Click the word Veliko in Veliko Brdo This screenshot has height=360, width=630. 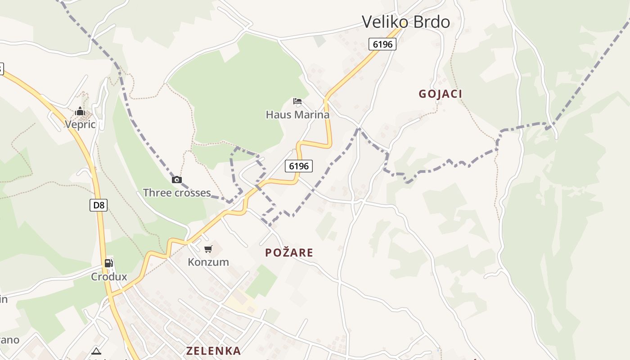[384, 22]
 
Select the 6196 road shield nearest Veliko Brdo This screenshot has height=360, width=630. [382, 44]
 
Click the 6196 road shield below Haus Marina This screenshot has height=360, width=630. [299, 166]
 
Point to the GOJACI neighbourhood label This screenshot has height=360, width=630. [440, 94]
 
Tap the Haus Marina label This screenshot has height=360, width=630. [297, 115]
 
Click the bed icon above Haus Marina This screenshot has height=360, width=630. [297, 101]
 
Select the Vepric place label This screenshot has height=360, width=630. [80, 124]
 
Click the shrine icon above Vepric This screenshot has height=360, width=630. [80, 111]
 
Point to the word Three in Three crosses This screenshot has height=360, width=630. [157, 193]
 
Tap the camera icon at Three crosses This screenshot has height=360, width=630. [177, 180]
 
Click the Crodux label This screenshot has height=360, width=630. [109, 277]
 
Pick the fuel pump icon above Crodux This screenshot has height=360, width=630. [108, 263]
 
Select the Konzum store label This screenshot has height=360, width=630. [208, 262]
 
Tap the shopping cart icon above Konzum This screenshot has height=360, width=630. [208, 249]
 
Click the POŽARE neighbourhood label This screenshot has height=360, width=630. [289, 252]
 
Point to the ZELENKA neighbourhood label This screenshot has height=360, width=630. [213, 351]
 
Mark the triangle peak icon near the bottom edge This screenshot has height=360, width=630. [96, 351]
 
